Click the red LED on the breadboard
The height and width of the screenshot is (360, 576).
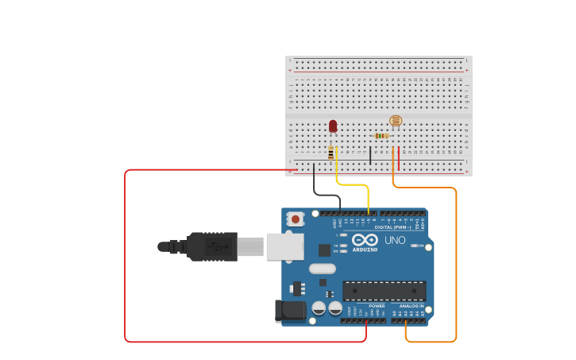click(333, 126)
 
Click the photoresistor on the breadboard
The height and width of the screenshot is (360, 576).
click(396, 121)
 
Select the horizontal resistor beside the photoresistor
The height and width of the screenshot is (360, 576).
click(381, 136)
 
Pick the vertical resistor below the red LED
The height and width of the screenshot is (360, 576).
click(331, 153)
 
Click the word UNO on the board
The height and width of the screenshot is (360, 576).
click(395, 240)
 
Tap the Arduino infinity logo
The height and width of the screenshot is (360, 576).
click(365, 239)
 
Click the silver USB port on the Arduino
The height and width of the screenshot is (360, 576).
click(284, 246)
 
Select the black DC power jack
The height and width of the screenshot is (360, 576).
click(290, 311)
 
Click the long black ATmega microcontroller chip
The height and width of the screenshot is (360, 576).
click(384, 290)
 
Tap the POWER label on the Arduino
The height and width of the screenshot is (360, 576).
click(377, 306)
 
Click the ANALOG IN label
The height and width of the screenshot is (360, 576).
click(412, 306)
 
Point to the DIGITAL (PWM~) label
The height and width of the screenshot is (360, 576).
click(392, 227)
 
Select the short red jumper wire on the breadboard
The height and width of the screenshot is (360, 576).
click(399, 157)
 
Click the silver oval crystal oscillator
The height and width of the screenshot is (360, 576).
click(323, 269)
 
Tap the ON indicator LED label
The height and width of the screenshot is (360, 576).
click(421, 246)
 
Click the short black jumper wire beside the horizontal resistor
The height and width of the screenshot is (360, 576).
click(370, 155)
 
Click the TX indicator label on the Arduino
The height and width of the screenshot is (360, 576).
click(336, 246)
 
